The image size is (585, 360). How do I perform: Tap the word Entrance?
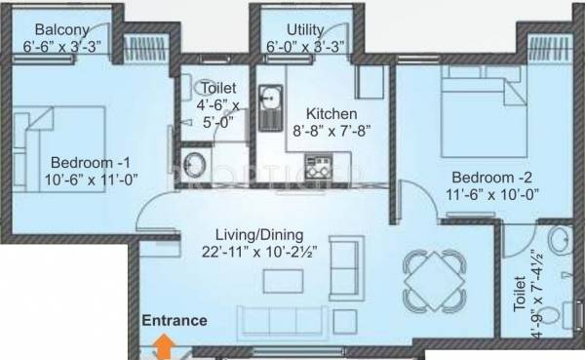[175, 319]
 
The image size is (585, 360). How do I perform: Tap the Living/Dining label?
[261, 235]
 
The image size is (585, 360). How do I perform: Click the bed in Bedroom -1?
[54, 122]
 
